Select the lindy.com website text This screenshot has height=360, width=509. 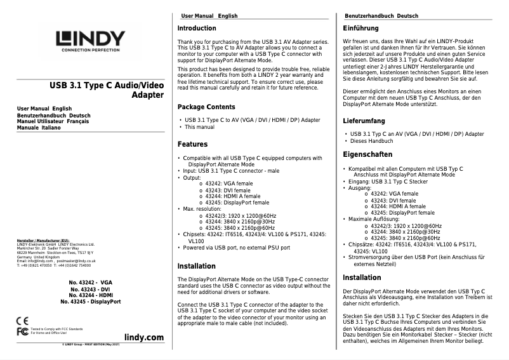click(144, 337)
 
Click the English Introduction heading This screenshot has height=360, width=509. click(196, 29)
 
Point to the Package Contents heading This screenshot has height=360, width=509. click(206, 107)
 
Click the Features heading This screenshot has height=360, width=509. click(192, 144)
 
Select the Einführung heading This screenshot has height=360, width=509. click(360, 29)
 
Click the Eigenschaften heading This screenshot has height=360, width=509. click(367, 154)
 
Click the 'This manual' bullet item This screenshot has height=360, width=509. click(199, 127)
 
